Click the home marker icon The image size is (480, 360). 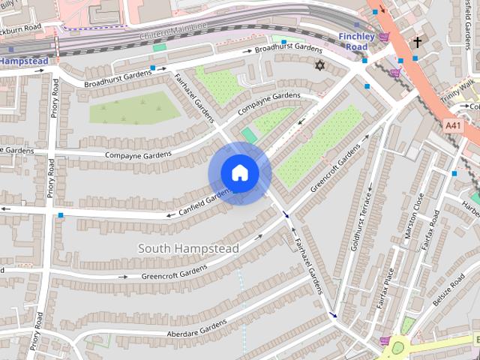click(x=239, y=173)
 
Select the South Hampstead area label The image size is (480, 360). click(x=188, y=248)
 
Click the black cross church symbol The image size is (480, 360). click(x=418, y=43)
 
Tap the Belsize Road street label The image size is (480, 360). click(x=448, y=289)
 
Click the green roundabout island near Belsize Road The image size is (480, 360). click(x=397, y=347)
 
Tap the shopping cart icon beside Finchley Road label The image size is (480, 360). click(x=384, y=37)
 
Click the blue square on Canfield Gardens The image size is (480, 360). click(x=61, y=215)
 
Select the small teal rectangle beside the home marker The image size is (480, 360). click(x=249, y=134)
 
